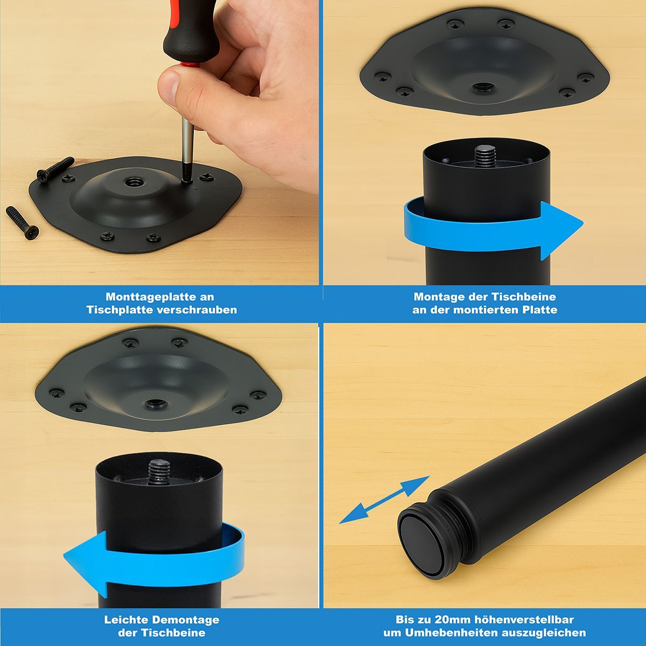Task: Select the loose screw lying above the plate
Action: (x=55, y=169)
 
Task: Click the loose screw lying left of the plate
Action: (x=22, y=223)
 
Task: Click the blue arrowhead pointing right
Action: (x=561, y=230)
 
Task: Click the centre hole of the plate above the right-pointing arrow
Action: (x=484, y=88)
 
